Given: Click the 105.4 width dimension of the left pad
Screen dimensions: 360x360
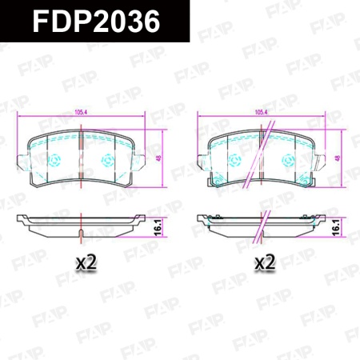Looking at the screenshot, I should pyautogui.click(x=81, y=112).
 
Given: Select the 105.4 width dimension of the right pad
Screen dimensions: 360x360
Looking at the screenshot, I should pyautogui.click(x=260, y=112).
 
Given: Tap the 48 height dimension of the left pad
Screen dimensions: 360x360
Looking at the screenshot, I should pyautogui.click(x=159, y=158).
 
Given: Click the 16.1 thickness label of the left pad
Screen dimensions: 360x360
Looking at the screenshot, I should pyautogui.click(x=158, y=226).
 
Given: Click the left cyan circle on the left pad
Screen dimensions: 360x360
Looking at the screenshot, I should pyautogui.click(x=56, y=160).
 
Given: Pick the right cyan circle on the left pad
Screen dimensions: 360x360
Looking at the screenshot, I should pyautogui.click(x=108, y=160).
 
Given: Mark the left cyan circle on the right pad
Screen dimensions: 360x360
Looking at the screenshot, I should pyautogui.click(x=237, y=160).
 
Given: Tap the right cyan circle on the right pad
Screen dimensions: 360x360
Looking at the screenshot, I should pyautogui.click(x=288, y=160).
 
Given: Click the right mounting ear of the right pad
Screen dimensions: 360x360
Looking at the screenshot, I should pyautogui.click(x=322, y=166).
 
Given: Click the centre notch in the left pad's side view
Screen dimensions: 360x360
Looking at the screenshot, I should pyautogui.click(x=82, y=234).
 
